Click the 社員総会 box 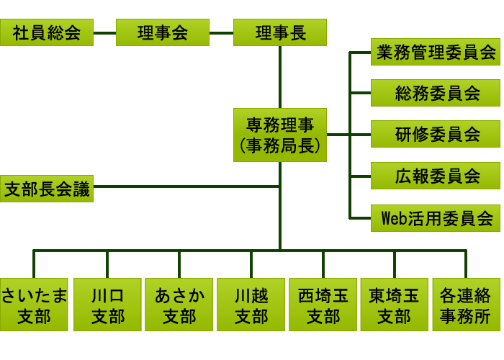[47, 32]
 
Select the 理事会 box [163, 32]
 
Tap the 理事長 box [280, 32]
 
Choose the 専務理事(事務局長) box [280, 135]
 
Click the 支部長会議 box [47, 188]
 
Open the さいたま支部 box [34, 305]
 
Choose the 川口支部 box [107, 305]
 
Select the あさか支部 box [179, 305]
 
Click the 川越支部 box [251, 305]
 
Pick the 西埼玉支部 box [323, 305]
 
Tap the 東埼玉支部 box [395, 305]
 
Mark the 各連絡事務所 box [466, 305]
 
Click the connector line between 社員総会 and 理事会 [104, 32]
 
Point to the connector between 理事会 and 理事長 [221, 32]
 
